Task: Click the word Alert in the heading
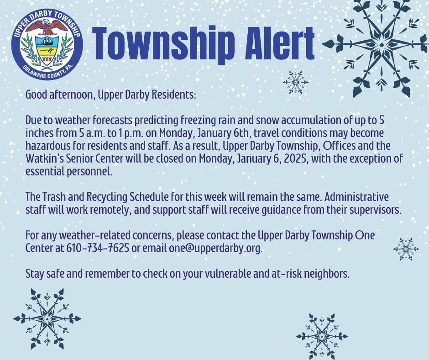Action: pyautogui.click(x=279, y=43)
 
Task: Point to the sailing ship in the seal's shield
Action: pyautogui.click(x=47, y=42)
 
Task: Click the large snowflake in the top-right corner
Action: pyautogui.click(x=380, y=45)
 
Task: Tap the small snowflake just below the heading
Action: pyautogui.click(x=295, y=82)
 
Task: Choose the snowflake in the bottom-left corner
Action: pyautogui.click(x=47, y=318)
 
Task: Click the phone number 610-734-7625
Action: pyautogui.click(x=98, y=248)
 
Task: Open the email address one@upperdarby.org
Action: pyautogui.click(x=215, y=248)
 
